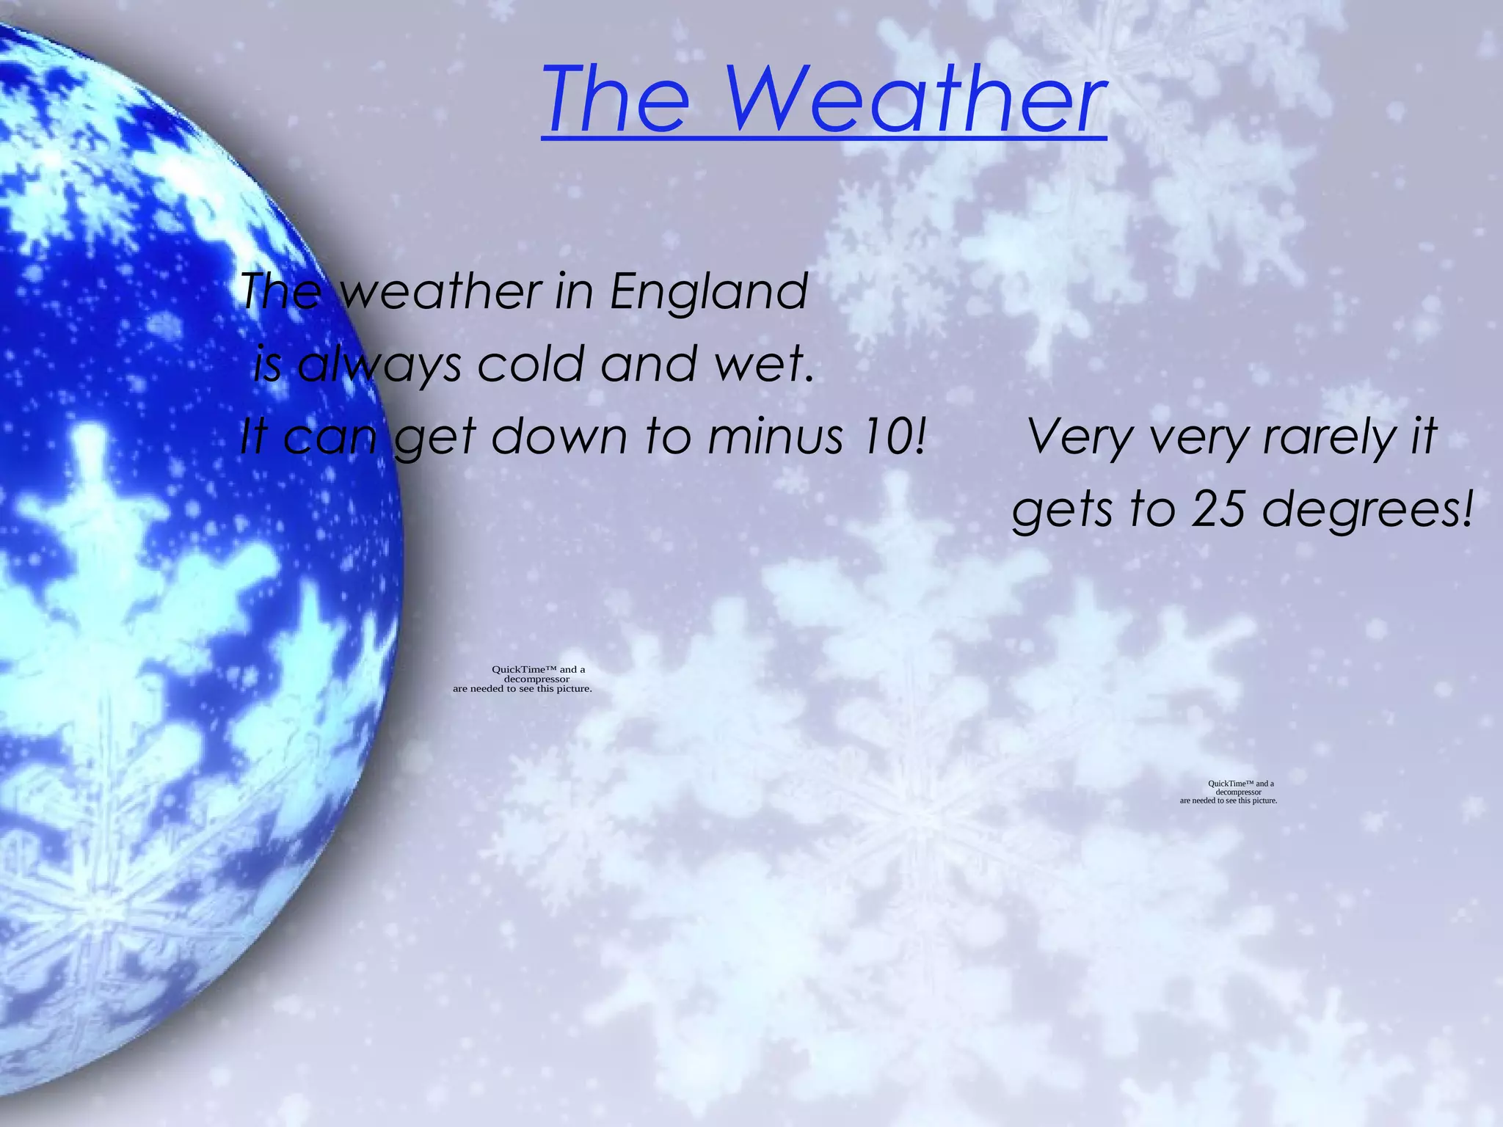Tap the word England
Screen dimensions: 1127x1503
(709, 291)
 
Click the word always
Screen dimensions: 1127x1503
(379, 365)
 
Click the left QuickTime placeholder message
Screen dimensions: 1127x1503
(523, 679)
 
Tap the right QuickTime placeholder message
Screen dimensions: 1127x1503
(1229, 792)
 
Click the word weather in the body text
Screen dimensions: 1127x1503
(440, 291)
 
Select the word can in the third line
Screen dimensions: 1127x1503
(330, 437)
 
